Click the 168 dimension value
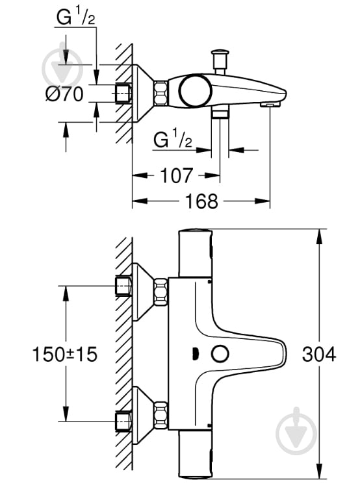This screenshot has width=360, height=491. click(201, 201)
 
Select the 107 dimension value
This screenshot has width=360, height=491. click(176, 175)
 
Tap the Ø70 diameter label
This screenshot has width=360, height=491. click(64, 94)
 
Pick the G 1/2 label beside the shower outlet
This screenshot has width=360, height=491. click(174, 139)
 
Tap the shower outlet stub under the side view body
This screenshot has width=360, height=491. click(220, 113)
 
